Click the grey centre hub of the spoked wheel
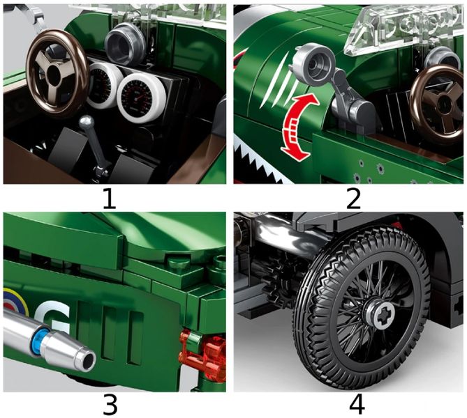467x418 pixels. pyautogui.click(x=378, y=315)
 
